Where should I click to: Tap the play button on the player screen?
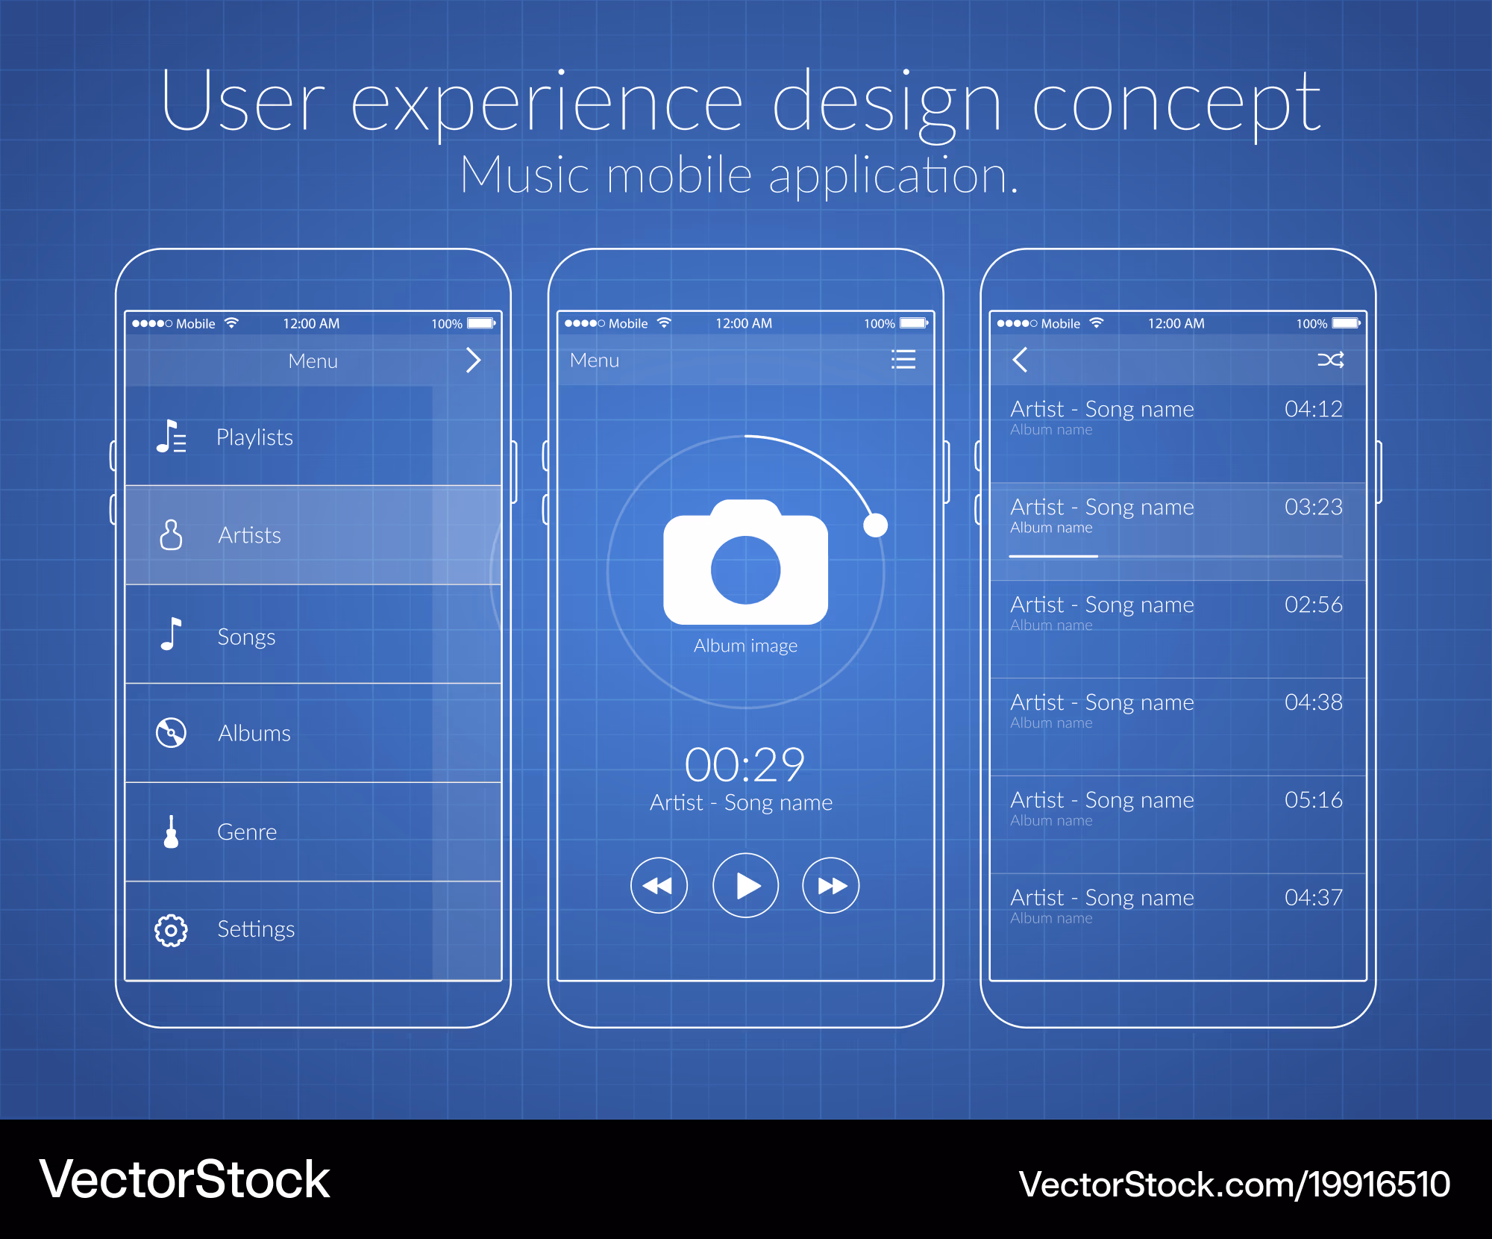point(745,885)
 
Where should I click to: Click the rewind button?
point(659,885)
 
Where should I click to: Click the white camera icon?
point(745,561)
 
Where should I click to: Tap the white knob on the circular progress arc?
point(875,525)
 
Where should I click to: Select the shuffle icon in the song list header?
point(1330,360)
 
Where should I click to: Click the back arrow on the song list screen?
point(1020,360)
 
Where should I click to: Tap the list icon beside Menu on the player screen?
point(903,360)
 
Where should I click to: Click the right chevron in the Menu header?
point(474,360)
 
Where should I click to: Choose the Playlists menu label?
point(254,437)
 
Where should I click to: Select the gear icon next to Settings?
point(171,930)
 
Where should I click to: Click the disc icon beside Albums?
point(171,732)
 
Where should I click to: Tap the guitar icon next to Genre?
point(171,831)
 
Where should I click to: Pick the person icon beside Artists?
point(171,534)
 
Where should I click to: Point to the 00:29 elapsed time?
point(745,764)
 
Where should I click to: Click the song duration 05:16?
point(1313,799)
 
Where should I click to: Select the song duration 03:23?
point(1313,507)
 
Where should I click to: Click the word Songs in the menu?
point(246,637)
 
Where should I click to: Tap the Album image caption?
point(745,646)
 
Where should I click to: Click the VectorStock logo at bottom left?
point(184,1179)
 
